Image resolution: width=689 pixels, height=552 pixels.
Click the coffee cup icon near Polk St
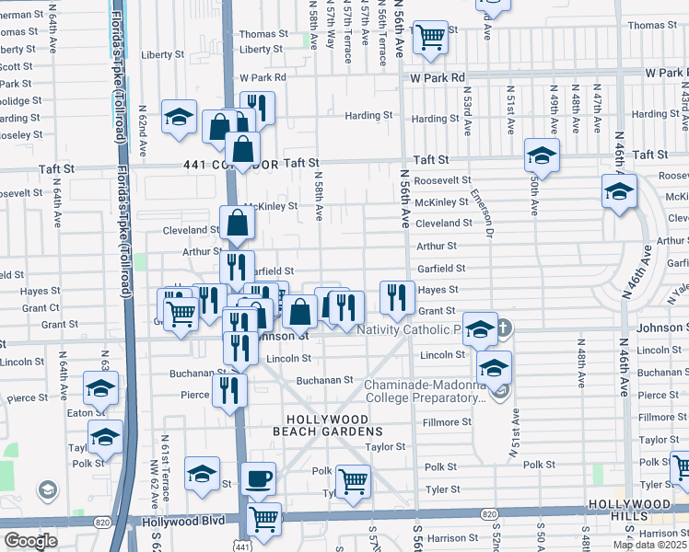point(259,478)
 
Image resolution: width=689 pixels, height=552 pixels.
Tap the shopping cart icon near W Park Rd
point(430,38)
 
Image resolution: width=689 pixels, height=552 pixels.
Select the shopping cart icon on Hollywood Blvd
point(264,519)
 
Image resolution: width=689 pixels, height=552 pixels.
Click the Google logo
point(29,541)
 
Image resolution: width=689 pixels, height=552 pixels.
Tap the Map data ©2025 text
point(649,545)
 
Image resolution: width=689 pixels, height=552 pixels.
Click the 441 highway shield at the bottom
point(242,546)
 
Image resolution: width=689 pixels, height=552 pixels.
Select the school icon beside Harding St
point(179,117)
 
